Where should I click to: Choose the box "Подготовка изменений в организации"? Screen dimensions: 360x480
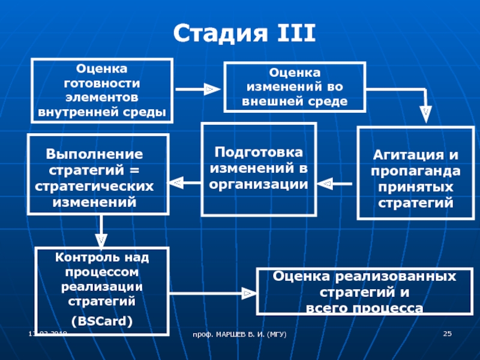(x=259, y=169)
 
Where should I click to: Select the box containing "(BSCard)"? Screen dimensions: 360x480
(x=102, y=289)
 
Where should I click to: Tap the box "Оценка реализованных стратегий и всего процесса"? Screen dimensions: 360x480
(x=364, y=292)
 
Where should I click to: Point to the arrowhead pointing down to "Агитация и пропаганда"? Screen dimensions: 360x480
(x=425, y=112)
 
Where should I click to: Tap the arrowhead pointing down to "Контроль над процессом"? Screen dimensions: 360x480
(x=101, y=239)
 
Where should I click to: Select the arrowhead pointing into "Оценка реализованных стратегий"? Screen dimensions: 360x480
(x=246, y=293)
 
